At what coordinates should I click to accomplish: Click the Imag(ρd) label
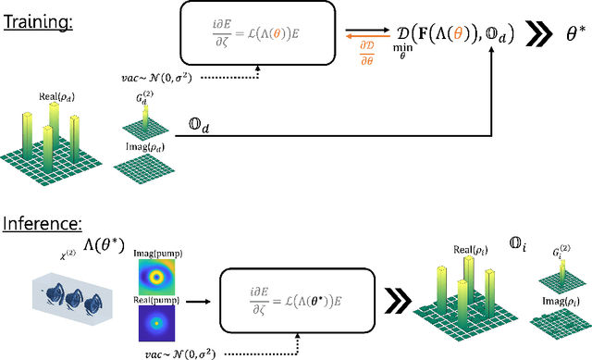point(139,146)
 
